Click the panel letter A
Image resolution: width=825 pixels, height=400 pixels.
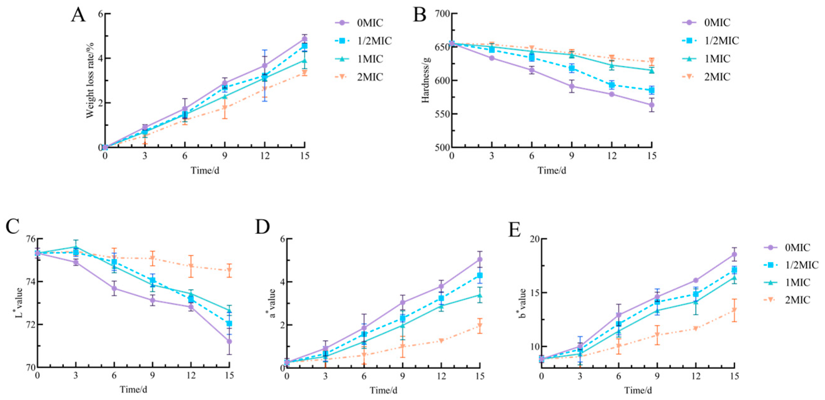point(78,15)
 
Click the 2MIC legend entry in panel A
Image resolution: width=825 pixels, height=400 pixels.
point(359,77)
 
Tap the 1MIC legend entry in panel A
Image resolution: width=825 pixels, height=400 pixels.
point(359,59)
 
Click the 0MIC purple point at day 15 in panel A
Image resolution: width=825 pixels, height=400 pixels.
point(304,39)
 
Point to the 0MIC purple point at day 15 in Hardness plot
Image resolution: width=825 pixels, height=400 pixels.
point(652,105)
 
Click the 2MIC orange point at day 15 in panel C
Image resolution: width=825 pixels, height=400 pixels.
point(229,271)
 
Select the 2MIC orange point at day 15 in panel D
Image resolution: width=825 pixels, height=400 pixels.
point(480,326)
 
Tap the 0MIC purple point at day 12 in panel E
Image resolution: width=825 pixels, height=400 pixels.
point(696,280)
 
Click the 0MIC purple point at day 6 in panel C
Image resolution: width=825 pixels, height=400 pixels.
point(114,288)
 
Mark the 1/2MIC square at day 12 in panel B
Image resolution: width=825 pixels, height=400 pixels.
point(612,85)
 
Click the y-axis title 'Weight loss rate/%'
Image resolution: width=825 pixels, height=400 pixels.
point(90,80)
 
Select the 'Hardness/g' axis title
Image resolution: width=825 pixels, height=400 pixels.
point(425,80)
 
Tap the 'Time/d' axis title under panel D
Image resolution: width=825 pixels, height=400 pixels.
point(384,390)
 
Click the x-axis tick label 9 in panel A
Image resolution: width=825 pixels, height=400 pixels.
point(225,156)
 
